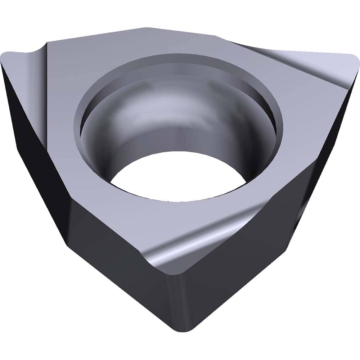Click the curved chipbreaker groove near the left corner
pyautogui.click(x=36, y=54)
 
